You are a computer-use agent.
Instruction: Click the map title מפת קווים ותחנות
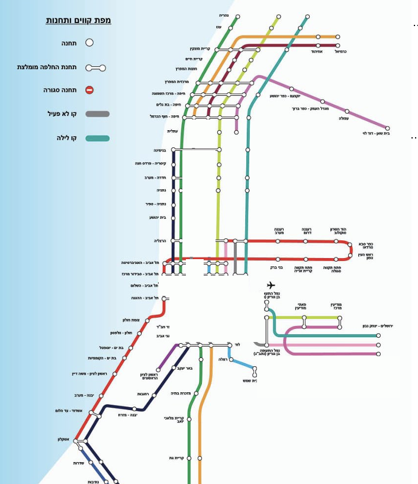pyautogui.click(x=78, y=21)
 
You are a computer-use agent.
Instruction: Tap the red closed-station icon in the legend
pyautogui.click(x=89, y=91)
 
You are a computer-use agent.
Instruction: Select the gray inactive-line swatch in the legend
pyautogui.click(x=97, y=114)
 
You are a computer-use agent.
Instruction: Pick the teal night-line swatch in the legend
pyautogui.click(x=97, y=138)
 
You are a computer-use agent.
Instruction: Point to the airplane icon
pyautogui.click(x=271, y=285)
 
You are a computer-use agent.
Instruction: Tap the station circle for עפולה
pyautogui.click(x=347, y=111)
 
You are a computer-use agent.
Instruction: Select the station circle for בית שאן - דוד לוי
pyautogui.click(x=388, y=128)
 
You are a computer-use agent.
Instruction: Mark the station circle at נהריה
pyautogui.click(x=236, y=15)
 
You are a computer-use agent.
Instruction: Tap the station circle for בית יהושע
pyautogui.click(x=173, y=218)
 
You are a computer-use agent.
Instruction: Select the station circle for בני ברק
pyautogui.click(x=278, y=259)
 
